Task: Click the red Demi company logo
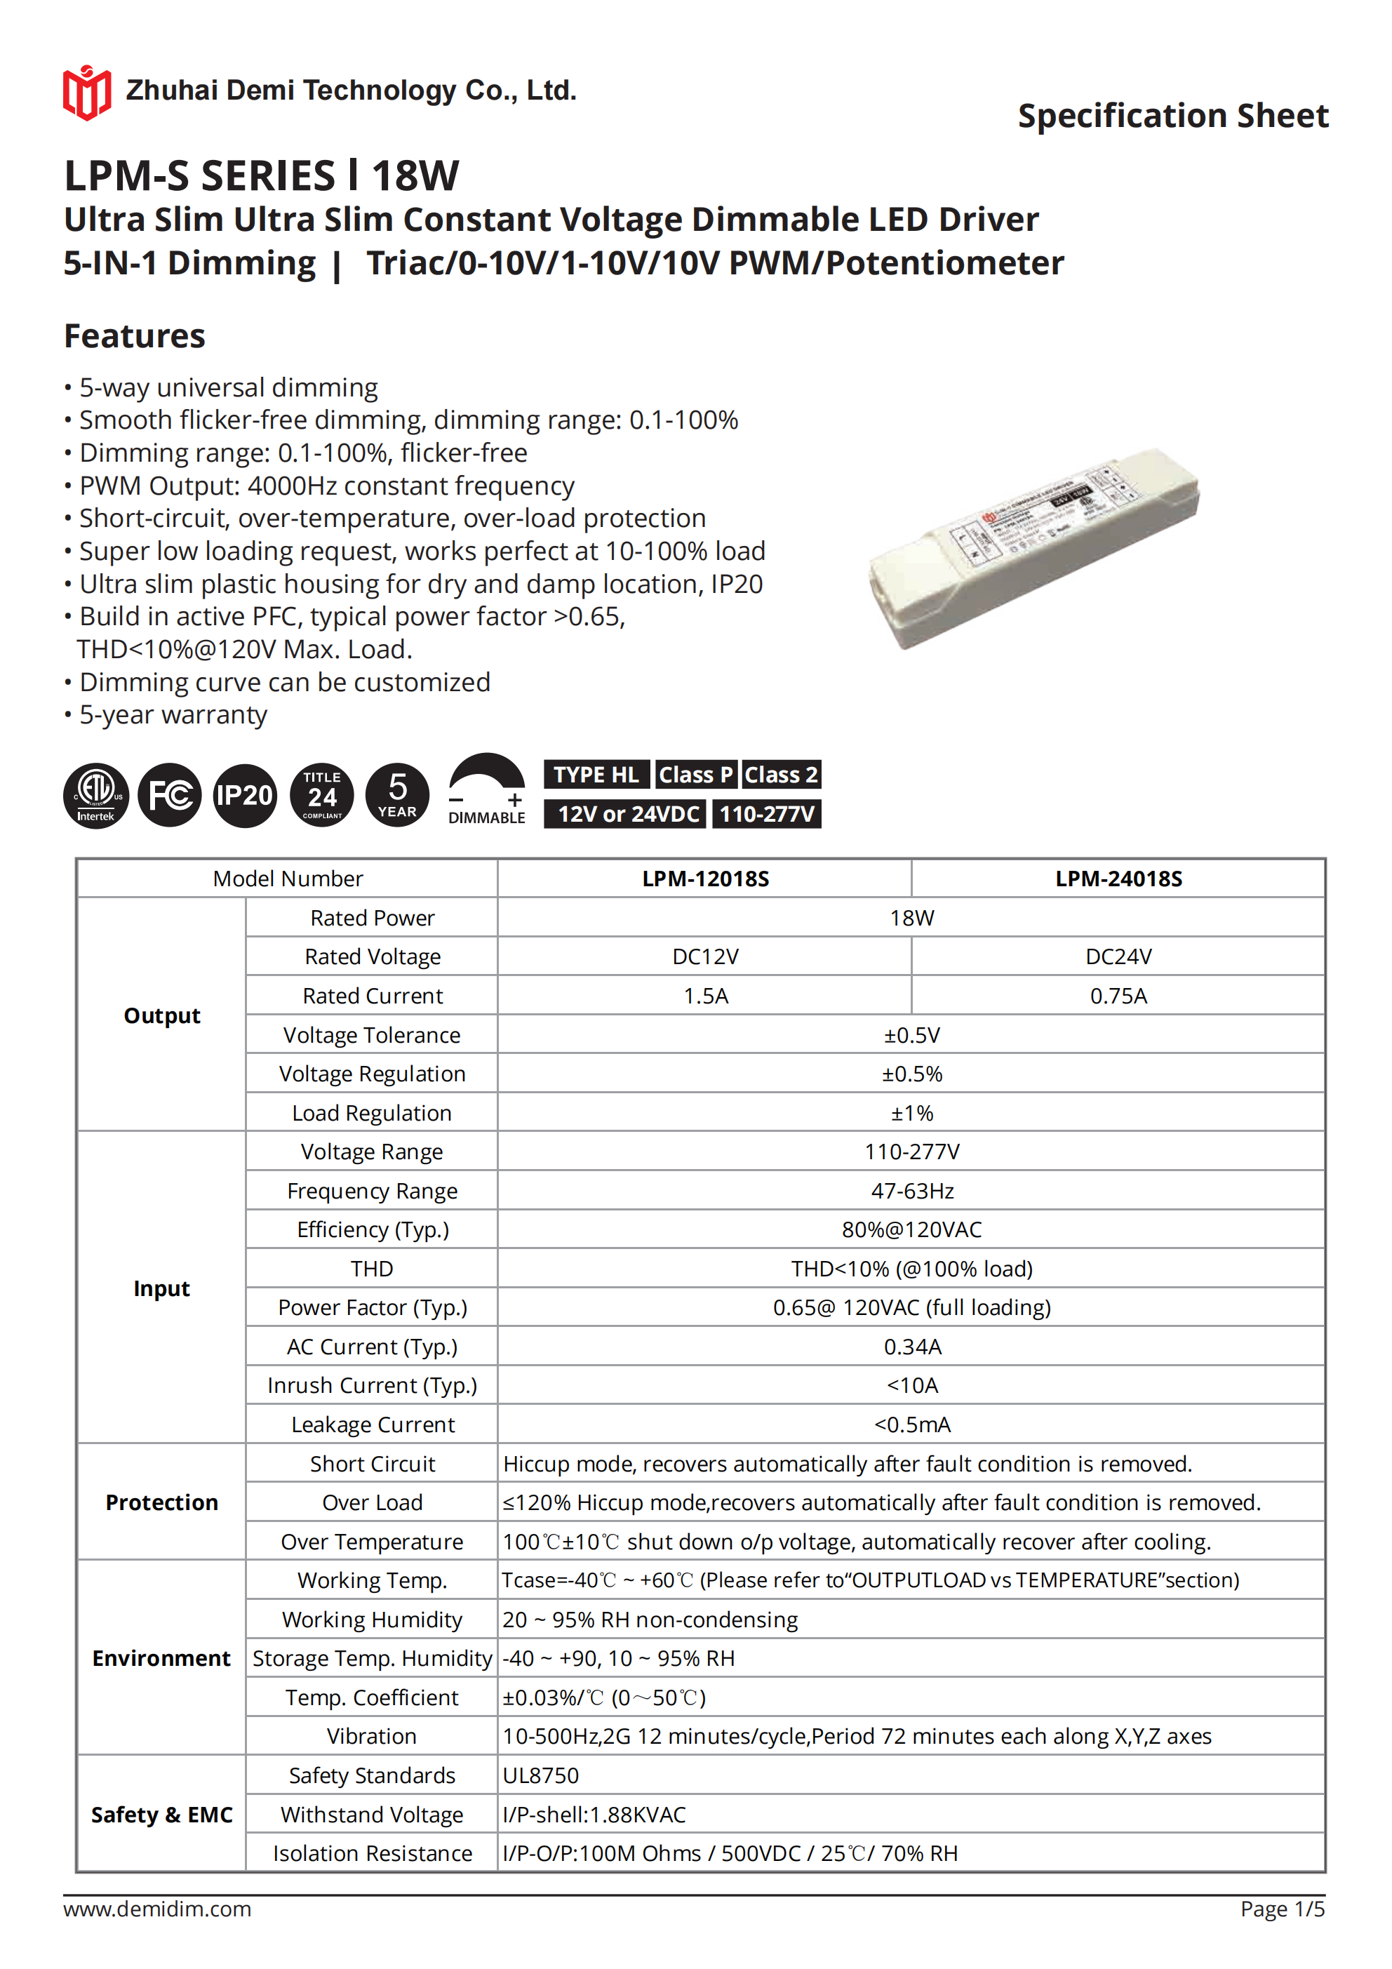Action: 86,92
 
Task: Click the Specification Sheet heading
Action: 1172,116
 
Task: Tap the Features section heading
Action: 135,335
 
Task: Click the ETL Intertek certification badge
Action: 96,795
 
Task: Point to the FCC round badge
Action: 170,795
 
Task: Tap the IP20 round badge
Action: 244,795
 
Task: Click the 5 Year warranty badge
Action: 397,795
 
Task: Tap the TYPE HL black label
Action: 596,775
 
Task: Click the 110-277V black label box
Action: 766,814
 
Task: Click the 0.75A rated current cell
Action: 1118,996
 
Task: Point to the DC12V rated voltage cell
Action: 705,956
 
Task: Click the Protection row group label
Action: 161,1502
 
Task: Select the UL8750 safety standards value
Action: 540,1775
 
